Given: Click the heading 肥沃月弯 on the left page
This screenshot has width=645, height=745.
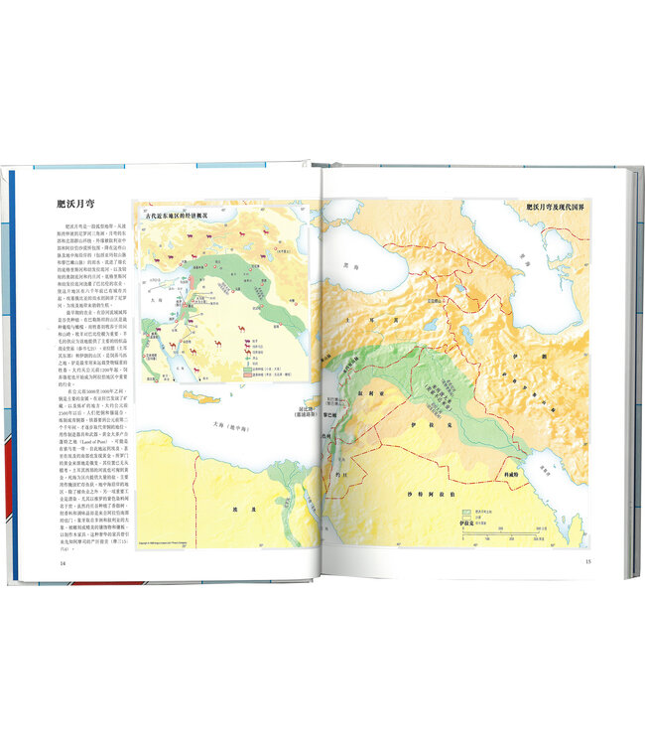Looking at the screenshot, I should point(80,206).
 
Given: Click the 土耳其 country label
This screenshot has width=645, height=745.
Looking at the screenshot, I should point(375,322).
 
